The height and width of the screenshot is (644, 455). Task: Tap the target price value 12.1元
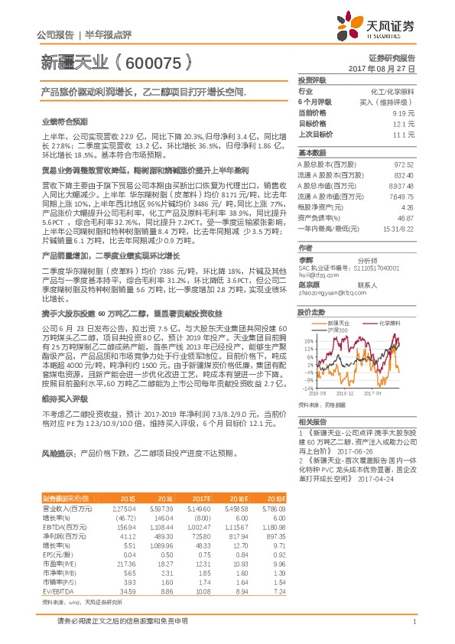[404, 123]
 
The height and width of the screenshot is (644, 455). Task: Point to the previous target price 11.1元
[404, 134]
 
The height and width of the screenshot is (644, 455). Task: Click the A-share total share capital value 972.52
[403, 164]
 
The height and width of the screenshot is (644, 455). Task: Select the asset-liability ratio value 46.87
[406, 218]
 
